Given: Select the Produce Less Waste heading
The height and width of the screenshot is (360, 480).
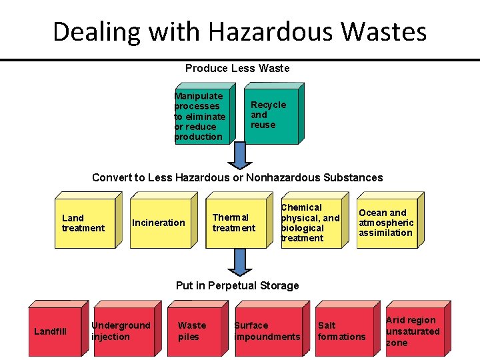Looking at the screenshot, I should coord(237,68).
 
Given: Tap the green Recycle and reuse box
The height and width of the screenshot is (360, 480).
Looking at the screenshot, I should coord(269,116).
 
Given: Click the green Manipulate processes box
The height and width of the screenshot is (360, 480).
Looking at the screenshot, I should coord(201,116).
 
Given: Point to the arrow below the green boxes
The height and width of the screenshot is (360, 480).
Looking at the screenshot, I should coord(239,156).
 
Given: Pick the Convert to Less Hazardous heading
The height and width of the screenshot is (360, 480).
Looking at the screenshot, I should coord(237,177).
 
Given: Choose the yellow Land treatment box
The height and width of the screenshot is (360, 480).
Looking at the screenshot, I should coord(85,223).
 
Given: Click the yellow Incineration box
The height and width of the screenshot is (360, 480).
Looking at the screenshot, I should coord(159,223).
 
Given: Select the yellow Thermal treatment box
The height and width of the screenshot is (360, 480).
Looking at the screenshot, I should coord(235,223).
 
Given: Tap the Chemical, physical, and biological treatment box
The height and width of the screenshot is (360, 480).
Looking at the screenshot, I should coord(310,223).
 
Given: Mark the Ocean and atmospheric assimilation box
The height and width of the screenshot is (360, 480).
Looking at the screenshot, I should coord(387,223).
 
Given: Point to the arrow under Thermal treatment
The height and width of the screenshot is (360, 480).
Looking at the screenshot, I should coord(239,263).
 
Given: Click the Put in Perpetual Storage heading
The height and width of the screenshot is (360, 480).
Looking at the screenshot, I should coord(237,285).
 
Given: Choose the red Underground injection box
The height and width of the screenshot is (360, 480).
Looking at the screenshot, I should coord(122,331).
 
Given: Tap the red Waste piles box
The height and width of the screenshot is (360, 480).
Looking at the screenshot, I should coord(193,331).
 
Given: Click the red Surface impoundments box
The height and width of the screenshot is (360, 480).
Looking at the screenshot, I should coord(267,331).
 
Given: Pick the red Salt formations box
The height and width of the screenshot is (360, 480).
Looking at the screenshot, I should coord(342,331).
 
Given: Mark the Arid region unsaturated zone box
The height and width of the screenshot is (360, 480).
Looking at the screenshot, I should coord(414,331).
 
